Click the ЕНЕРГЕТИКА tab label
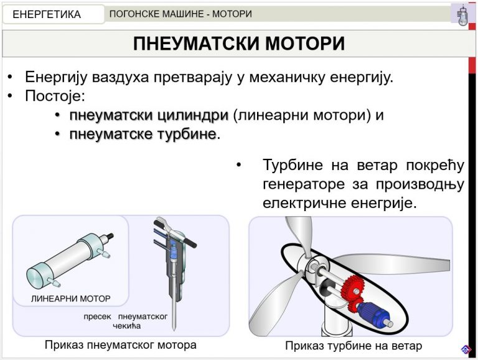[x=47, y=14]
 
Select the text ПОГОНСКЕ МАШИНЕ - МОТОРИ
[x=180, y=14]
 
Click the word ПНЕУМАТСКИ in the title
[x=197, y=44]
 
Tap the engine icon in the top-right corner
[x=462, y=14]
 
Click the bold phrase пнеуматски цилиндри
[x=149, y=116]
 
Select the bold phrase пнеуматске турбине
[x=143, y=135]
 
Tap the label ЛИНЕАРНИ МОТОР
[x=71, y=299]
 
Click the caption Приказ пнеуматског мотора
[x=120, y=345]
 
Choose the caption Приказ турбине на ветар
[x=354, y=346]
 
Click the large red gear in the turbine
[x=353, y=287]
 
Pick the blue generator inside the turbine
[x=374, y=314]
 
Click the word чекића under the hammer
[x=127, y=326]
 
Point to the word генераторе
[x=304, y=184]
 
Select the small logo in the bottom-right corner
[x=466, y=349]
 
